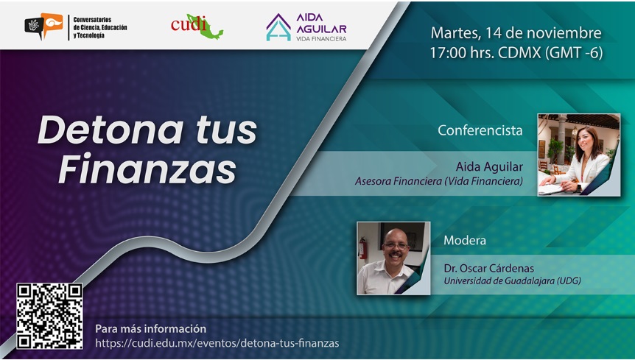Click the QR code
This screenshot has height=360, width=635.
(x=49, y=316)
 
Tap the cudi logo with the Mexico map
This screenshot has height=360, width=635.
(x=197, y=27)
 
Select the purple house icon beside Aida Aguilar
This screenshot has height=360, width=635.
(x=278, y=27)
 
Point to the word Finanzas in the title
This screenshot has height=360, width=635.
(x=147, y=169)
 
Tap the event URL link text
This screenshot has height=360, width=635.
(x=217, y=343)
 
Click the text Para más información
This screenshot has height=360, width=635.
(x=151, y=328)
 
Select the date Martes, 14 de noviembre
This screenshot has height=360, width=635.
(x=516, y=33)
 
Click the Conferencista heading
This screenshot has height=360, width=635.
(x=480, y=130)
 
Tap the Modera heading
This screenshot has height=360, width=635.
(x=465, y=240)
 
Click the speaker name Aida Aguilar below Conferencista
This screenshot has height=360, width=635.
(x=489, y=166)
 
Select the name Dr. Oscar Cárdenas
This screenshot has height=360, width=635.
(x=489, y=268)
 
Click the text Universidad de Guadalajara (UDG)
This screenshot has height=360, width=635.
(x=512, y=280)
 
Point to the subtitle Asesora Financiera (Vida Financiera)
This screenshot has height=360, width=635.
(x=439, y=181)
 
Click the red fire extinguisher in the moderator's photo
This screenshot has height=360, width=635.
(x=363, y=247)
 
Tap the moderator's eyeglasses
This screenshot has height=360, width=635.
(x=396, y=246)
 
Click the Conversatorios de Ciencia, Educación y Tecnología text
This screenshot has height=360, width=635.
(x=100, y=27)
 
